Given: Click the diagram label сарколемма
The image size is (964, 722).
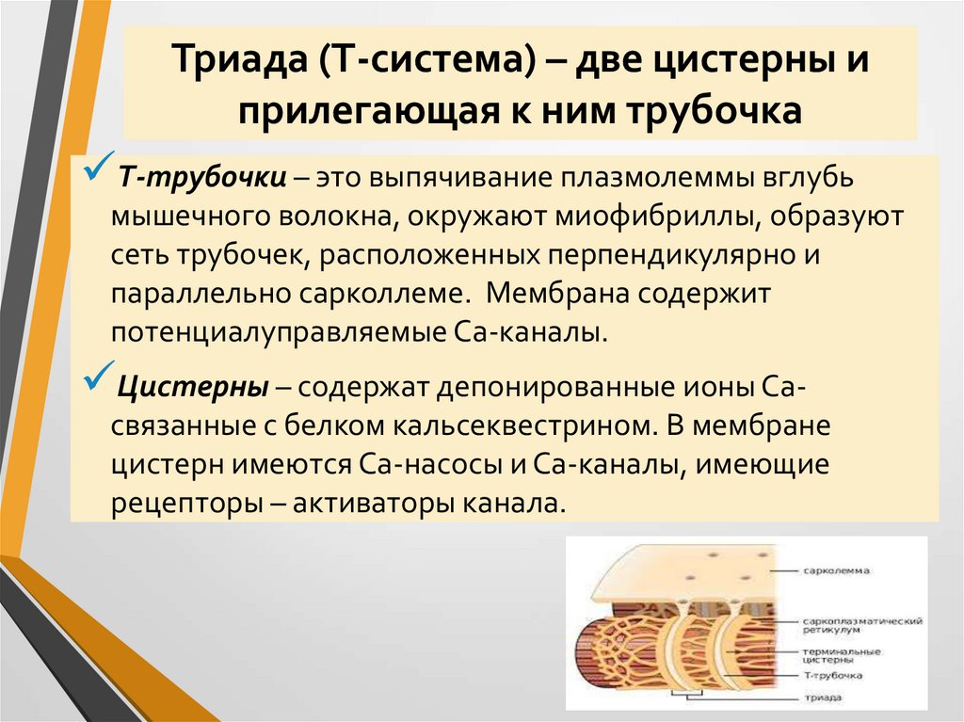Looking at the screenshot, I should click(x=837, y=570).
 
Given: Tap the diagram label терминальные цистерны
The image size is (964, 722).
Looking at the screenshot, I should click(x=843, y=656).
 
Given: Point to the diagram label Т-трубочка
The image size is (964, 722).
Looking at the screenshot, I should click(x=831, y=676).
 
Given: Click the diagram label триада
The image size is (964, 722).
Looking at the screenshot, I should click(x=823, y=698).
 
